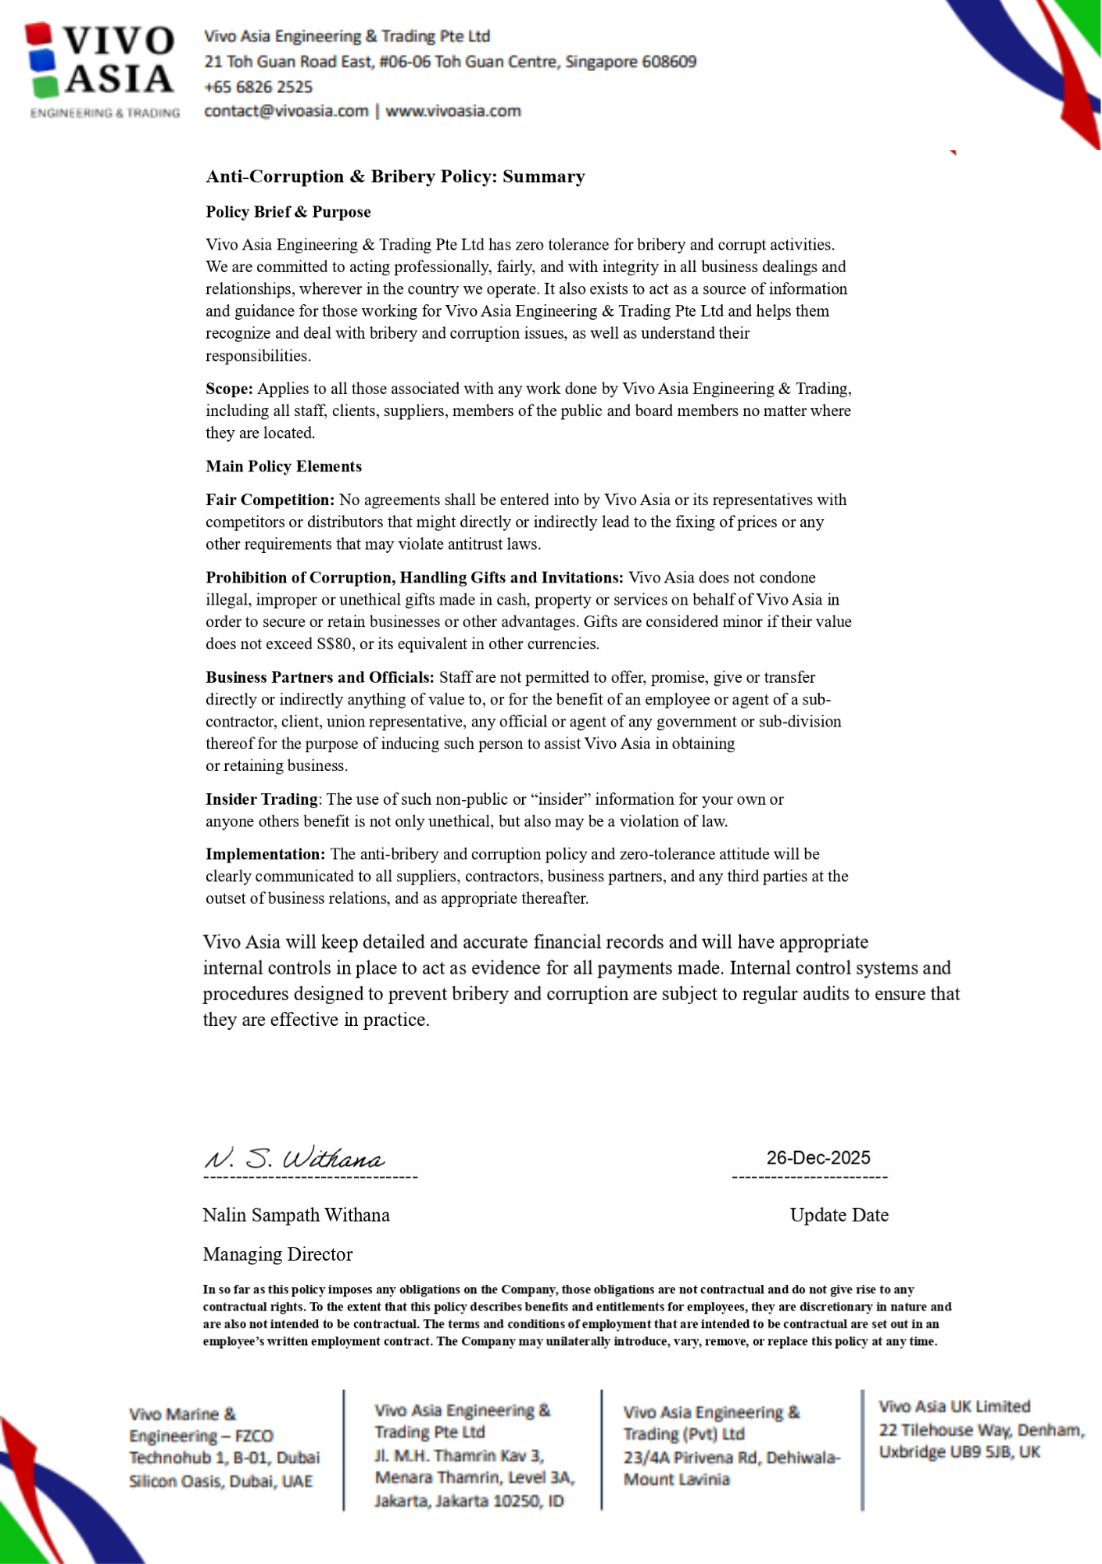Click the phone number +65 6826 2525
(x=258, y=87)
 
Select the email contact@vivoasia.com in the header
(x=286, y=111)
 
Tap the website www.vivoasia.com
(x=453, y=111)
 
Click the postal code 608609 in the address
(x=669, y=62)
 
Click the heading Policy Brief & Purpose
(x=288, y=212)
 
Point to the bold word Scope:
(x=229, y=389)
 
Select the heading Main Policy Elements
(x=284, y=466)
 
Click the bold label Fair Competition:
(x=270, y=500)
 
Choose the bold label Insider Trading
(x=262, y=799)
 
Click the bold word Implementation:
(x=265, y=854)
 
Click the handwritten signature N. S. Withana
(x=295, y=1158)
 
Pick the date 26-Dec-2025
(x=818, y=1157)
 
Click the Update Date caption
(x=839, y=1214)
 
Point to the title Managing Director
(x=277, y=1254)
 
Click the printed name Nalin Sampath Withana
(x=296, y=1214)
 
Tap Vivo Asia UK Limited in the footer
(x=954, y=1407)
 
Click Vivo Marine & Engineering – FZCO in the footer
(x=201, y=1425)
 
